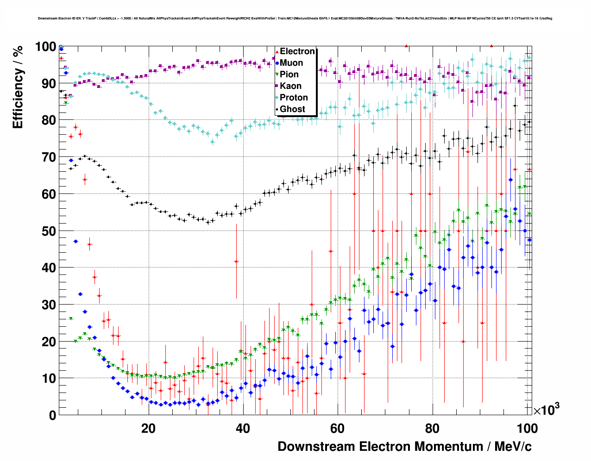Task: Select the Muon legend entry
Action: (x=291, y=63)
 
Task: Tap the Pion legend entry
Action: (x=289, y=75)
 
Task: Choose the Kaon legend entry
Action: (x=290, y=86)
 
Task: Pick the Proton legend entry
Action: (x=294, y=98)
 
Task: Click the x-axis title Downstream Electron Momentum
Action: (x=404, y=447)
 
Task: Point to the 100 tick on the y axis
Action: (x=45, y=47)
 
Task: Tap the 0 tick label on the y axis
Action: (x=51, y=415)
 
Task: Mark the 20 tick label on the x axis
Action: (x=148, y=429)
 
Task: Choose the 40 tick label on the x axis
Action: (x=243, y=429)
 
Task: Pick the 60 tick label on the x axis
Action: (x=338, y=429)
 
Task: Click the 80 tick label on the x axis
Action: (x=433, y=429)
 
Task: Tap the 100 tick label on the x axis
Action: (x=527, y=429)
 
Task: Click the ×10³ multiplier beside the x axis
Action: (x=546, y=410)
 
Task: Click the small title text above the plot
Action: (x=295, y=19)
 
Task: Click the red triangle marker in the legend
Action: (x=277, y=51)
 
